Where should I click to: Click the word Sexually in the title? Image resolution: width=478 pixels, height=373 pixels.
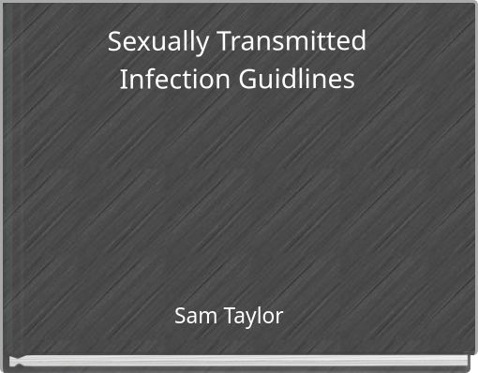[151, 43]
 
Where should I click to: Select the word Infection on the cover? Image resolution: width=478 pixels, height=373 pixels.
[165, 81]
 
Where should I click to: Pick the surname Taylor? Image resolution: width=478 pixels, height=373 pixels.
[254, 317]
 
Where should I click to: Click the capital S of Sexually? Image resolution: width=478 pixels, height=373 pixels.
[115, 42]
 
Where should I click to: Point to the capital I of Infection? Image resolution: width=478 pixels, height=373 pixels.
[124, 81]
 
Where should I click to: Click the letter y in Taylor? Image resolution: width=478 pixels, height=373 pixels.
[253, 320]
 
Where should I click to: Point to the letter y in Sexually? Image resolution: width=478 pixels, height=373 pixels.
[188, 47]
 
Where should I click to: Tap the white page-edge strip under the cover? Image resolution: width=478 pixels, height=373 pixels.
[239, 360]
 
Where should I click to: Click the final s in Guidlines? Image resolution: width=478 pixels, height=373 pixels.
[349, 82]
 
